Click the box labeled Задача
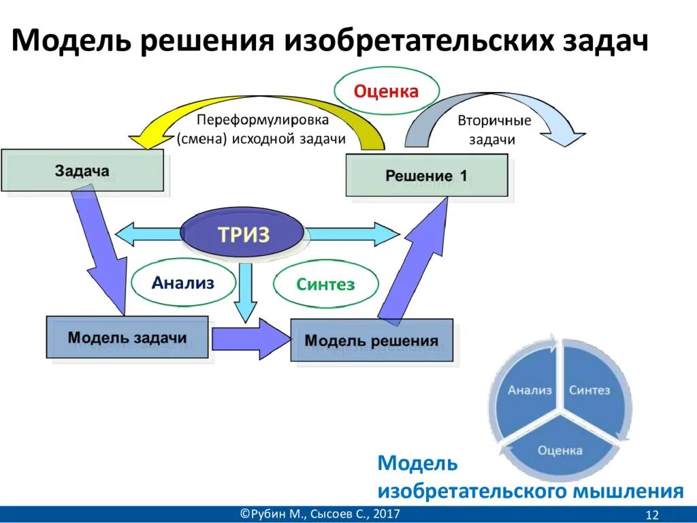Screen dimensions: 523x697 [82, 170]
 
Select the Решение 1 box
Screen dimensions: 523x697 [427, 176]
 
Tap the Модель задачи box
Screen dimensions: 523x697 [127, 337]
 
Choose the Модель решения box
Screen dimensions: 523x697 [371, 340]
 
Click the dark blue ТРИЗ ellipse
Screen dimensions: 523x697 [243, 235]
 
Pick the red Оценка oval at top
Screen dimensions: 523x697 [386, 91]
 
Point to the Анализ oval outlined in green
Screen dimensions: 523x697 [183, 283]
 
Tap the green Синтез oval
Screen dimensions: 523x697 [325, 285]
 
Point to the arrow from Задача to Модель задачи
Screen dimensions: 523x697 [102, 252]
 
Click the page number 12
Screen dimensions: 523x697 [652, 514]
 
